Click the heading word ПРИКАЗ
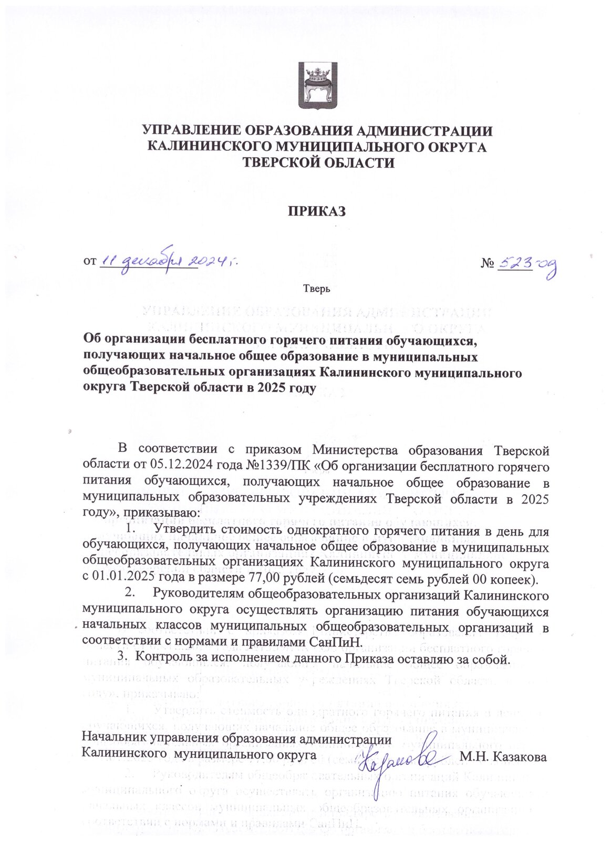tap(316, 211)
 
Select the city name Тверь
tap(316, 288)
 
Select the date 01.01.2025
tap(120, 580)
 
